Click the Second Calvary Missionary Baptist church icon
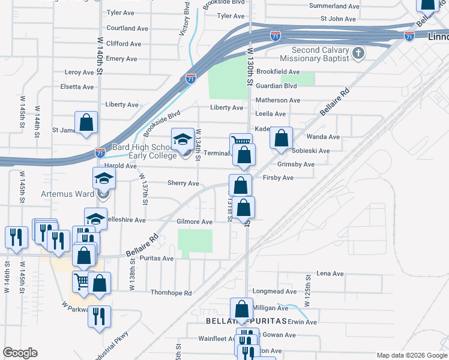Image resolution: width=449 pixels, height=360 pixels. coord(358,54)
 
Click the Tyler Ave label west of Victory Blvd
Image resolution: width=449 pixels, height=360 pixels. coord(120,13)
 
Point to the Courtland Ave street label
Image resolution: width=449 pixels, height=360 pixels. coord(127,28)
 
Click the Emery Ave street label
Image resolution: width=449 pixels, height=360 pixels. coord(122,59)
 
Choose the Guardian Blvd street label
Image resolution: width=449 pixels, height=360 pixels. coord(277,86)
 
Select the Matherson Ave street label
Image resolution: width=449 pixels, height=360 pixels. coord(277,100)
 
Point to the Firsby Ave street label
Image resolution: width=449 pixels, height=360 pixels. coord(278,178)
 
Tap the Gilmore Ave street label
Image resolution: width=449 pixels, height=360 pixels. coord(194,222)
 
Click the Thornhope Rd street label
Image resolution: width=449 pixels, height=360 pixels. coord(171,293)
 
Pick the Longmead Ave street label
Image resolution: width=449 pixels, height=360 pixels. coord(274,292)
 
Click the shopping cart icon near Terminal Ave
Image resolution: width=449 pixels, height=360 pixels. coord(240,142)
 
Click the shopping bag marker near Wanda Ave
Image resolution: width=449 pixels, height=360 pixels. coord(281,138)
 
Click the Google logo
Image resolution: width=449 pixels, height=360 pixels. coord(20,353)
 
